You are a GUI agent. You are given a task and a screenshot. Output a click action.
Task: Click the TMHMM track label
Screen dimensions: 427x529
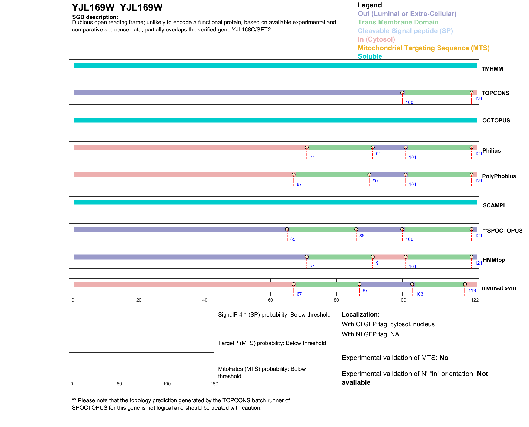pos(492,69)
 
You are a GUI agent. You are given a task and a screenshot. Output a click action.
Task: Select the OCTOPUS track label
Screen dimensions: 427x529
pos(496,121)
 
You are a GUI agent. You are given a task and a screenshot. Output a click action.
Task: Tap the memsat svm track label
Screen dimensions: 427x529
pos(499,288)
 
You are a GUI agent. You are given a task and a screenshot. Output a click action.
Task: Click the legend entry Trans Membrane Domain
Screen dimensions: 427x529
pos(398,22)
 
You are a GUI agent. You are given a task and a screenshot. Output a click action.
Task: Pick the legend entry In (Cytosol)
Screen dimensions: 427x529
pos(376,39)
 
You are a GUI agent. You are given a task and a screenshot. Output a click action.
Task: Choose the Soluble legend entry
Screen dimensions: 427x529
pos(370,56)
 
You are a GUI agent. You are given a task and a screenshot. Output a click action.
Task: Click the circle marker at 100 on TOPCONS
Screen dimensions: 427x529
pos(402,93)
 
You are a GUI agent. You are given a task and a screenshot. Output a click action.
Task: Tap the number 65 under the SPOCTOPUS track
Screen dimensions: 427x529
pos(293,239)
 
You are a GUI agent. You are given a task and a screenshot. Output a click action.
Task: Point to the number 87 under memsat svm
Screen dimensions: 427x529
pos(365,290)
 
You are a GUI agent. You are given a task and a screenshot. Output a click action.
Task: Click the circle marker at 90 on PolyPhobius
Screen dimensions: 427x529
pos(369,175)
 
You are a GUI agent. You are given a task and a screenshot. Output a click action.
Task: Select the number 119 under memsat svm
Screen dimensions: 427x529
pos(472,290)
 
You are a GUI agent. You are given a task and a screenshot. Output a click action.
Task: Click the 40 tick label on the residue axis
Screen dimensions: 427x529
pos(205,300)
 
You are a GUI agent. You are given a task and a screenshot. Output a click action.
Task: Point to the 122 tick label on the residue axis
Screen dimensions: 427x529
pos(475,300)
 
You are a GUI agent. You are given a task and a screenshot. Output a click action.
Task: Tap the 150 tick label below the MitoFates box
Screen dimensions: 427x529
pos(214,384)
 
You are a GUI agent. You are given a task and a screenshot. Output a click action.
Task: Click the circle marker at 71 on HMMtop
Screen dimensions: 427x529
pos(307,257)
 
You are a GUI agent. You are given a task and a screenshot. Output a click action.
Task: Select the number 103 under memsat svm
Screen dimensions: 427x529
pos(419,294)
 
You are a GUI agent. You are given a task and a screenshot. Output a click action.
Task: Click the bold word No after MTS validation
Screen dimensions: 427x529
pos(444,358)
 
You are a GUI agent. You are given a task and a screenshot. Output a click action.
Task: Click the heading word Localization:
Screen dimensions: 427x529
pos(361,314)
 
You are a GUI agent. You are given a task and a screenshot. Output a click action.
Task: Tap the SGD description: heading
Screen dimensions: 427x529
pos(95,17)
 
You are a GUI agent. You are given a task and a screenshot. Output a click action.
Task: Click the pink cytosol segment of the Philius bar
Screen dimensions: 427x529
pos(190,148)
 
